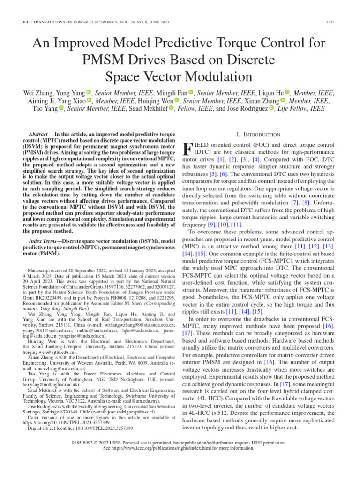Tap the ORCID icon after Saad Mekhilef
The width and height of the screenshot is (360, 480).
[x=171, y=109]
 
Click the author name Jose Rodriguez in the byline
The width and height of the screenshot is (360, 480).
[x=248, y=109]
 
